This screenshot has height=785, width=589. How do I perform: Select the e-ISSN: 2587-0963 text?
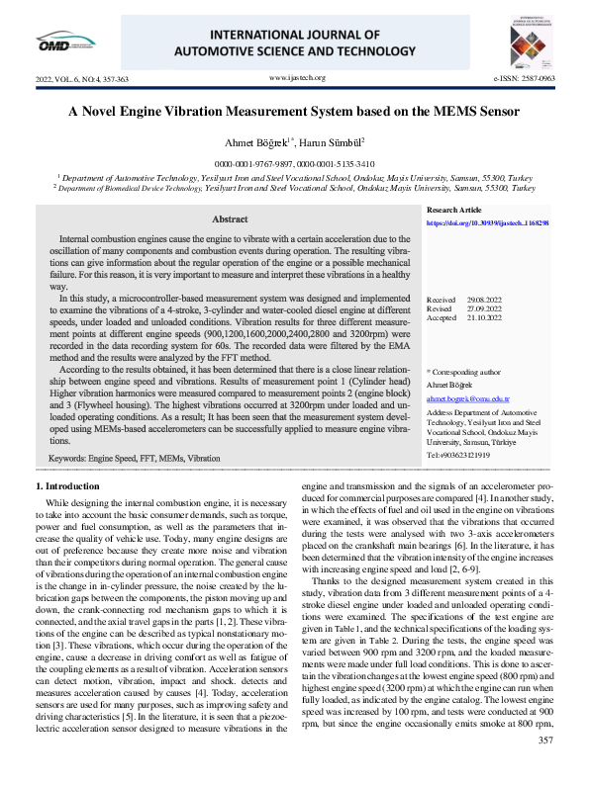pos(524,77)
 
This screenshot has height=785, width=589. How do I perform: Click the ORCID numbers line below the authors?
pos(294,162)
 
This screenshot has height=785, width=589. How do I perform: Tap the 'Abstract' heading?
pos(230,218)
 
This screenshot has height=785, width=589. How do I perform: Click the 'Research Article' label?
pos(453,211)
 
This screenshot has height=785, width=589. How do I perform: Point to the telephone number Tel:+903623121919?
pos(458,455)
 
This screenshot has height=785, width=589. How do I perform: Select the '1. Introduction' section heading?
pos(67,486)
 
